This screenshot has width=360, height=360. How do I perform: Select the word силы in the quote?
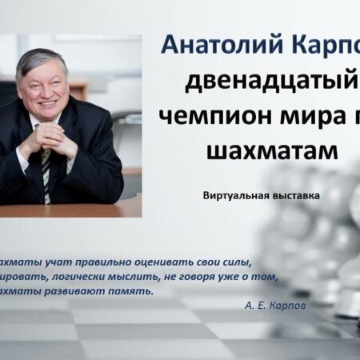pos(238,262)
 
